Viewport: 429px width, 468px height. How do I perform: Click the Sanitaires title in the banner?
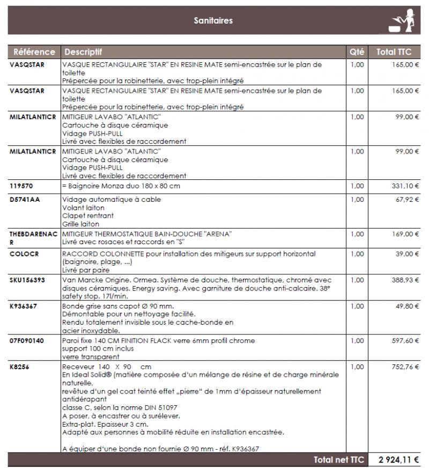click(213, 21)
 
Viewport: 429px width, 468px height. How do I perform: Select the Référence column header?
click(34, 52)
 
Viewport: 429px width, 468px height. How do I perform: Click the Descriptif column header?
click(83, 52)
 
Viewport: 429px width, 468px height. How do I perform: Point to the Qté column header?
click(357, 52)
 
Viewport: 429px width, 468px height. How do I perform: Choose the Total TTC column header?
click(394, 52)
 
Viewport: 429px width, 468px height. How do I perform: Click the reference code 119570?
click(21, 186)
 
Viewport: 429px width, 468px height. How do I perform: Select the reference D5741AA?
click(24, 200)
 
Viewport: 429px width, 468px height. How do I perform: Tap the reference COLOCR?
click(24, 254)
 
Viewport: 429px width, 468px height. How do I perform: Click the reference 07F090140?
click(27, 341)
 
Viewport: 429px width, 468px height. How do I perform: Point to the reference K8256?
click(20, 367)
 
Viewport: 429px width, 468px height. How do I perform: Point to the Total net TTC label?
click(338, 460)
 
